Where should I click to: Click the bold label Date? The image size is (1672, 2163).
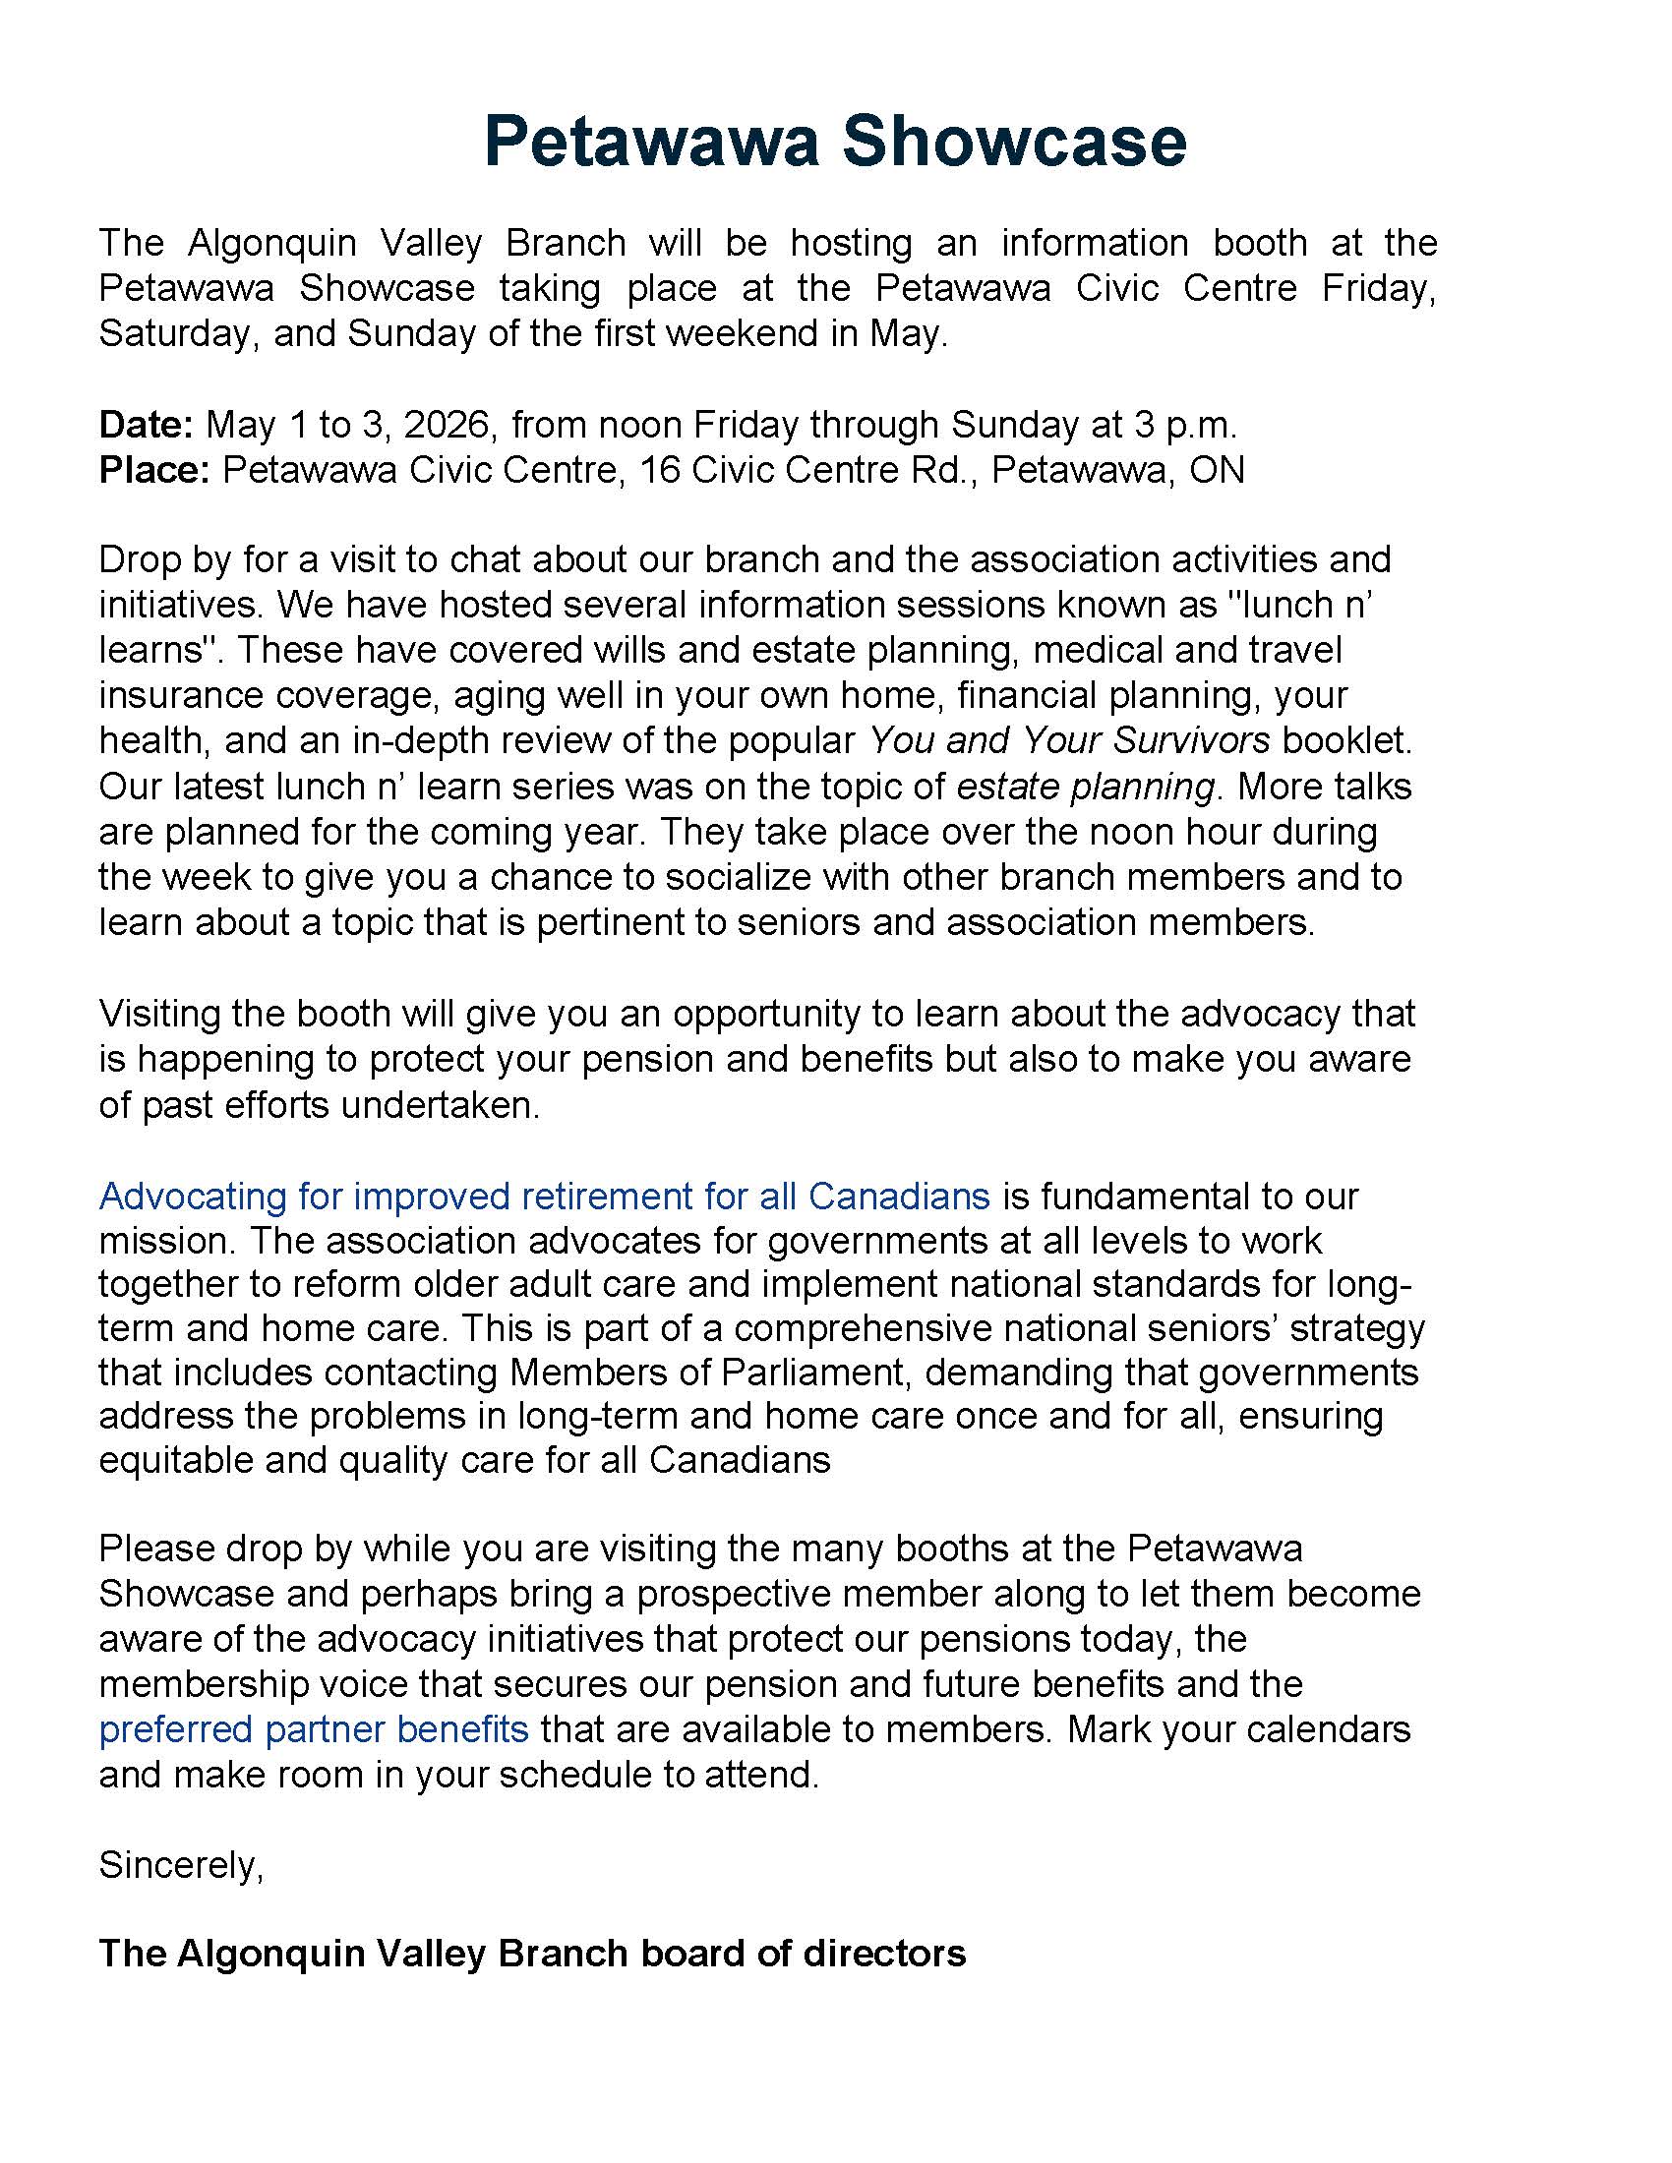pyautogui.click(x=146, y=425)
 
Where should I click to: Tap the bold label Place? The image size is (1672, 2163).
pyautogui.click(x=153, y=469)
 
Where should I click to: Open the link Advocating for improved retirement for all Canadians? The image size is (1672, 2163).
pyautogui.click(x=544, y=1197)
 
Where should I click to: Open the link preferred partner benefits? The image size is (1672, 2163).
pyautogui.click(x=313, y=1729)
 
